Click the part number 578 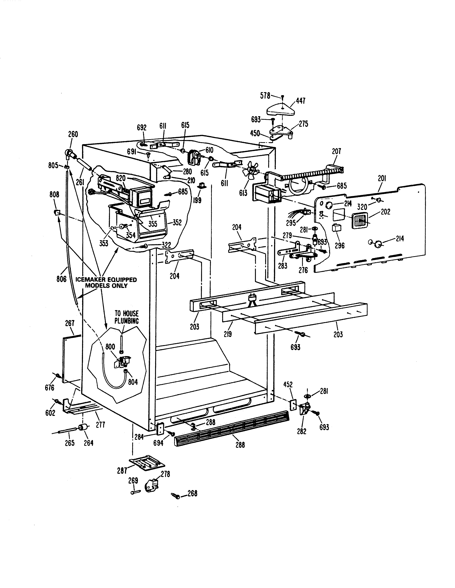point(265,96)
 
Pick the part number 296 point(340,245)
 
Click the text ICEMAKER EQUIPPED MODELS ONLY point(106,282)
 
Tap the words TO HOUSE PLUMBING point(127,317)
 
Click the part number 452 point(288,385)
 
